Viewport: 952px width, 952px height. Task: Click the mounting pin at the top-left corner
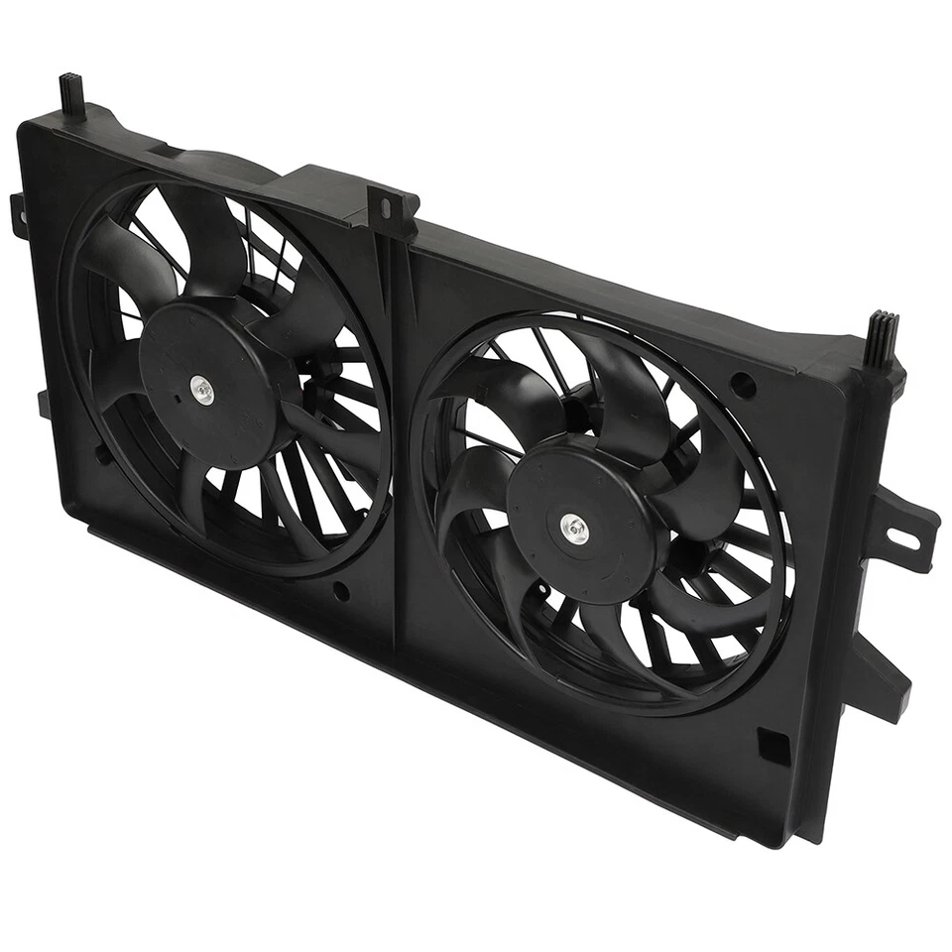71,94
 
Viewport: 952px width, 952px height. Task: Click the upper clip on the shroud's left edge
18,212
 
